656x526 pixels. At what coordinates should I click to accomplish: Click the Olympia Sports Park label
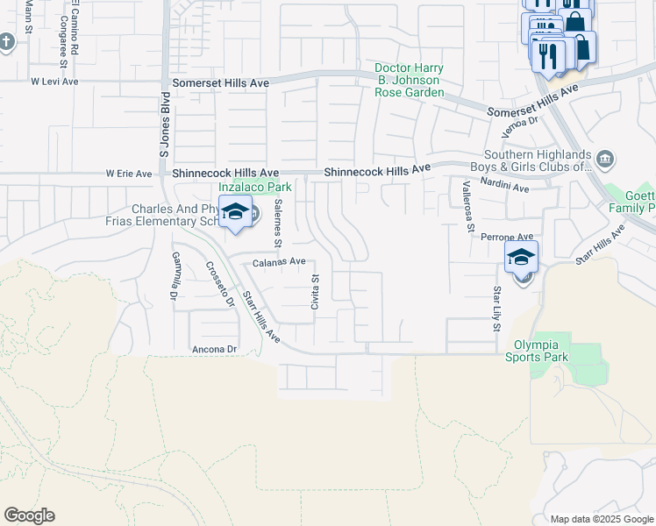541,351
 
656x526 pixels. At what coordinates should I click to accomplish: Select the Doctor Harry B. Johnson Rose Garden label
409,80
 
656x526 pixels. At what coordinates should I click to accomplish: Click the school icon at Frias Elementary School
235,213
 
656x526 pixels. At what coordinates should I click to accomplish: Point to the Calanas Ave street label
279,261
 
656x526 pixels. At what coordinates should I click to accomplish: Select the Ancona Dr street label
215,349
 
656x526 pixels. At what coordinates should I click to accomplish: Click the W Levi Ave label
55,81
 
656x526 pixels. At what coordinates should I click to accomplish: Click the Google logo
29,515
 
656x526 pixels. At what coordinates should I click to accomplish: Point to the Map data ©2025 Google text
602,519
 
